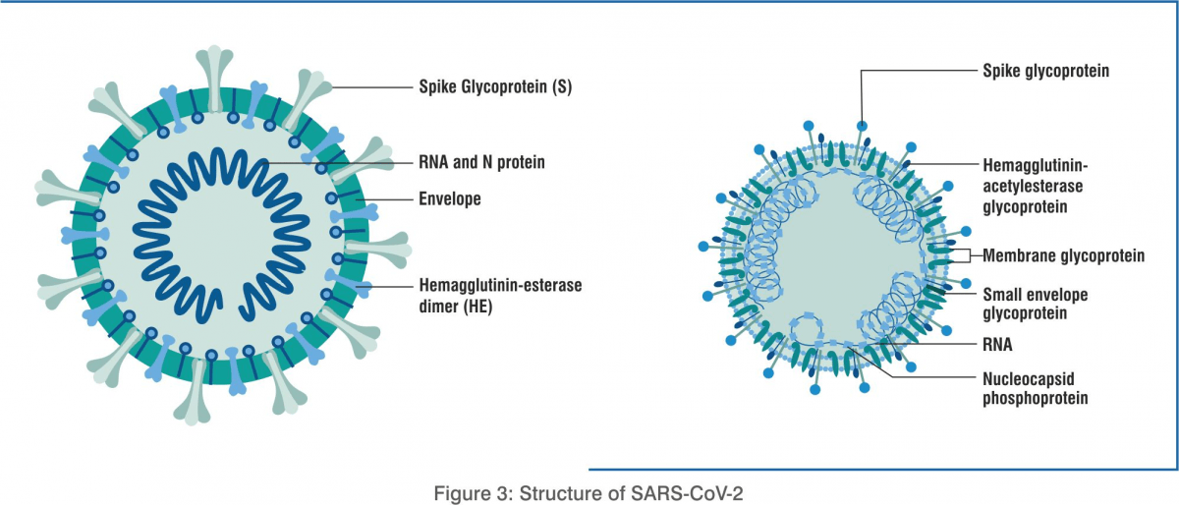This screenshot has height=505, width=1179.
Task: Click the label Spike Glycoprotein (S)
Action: tap(495, 86)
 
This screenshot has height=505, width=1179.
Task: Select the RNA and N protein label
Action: tap(481, 162)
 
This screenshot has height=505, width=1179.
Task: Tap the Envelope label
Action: tap(450, 199)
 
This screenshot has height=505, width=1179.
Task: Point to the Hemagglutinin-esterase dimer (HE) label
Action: tap(500, 296)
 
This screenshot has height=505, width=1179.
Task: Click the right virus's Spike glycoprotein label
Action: tap(1045, 71)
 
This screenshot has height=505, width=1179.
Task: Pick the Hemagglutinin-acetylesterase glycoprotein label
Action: tap(1035, 186)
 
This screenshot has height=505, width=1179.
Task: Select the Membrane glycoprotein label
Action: tap(1063, 255)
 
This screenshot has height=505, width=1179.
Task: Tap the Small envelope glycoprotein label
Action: tap(1035, 304)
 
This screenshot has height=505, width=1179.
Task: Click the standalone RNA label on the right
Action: tap(997, 345)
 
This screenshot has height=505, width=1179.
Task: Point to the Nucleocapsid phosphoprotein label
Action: tap(1035, 388)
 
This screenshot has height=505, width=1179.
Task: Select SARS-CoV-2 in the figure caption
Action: tap(687, 493)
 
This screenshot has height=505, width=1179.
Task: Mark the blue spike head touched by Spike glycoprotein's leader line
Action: tap(862, 126)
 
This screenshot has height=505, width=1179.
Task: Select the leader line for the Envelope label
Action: tap(384, 199)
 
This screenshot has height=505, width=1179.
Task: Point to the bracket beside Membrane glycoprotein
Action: tap(969, 255)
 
